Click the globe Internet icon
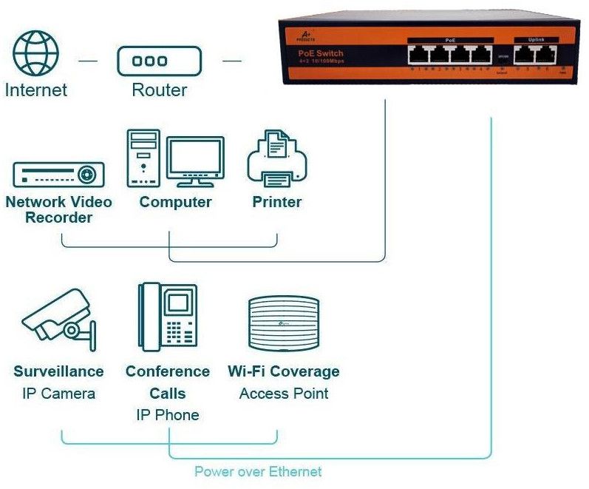point(36,53)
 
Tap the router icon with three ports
point(159,61)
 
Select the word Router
point(159,91)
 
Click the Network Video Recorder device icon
point(58,175)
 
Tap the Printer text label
point(277,202)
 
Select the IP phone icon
point(167,316)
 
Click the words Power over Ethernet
point(258,471)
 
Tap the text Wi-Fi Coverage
point(284,371)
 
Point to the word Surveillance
point(58,371)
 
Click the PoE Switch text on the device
point(321,53)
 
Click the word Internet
point(36,90)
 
